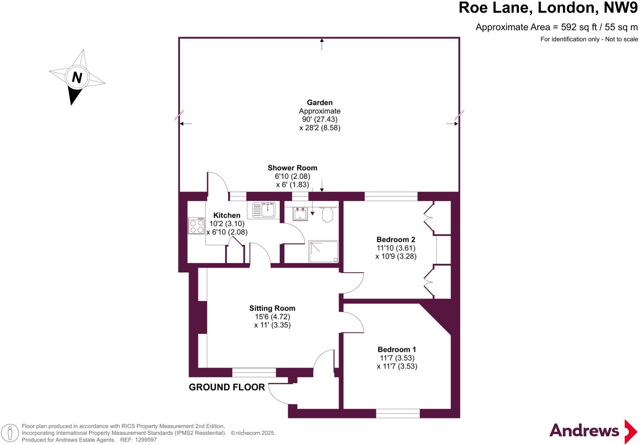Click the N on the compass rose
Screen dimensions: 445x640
click(x=77, y=77)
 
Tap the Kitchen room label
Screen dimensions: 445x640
click(x=227, y=215)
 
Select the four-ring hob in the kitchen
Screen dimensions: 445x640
click(x=196, y=226)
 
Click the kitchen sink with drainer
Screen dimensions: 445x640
click(x=263, y=210)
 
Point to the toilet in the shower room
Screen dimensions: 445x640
click(x=327, y=215)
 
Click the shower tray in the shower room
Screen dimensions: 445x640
click(x=323, y=251)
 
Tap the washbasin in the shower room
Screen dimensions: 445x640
click(x=300, y=214)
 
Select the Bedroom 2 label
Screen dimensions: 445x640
click(x=396, y=240)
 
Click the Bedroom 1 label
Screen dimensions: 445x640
click(x=397, y=349)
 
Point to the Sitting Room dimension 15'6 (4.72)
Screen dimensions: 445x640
click(x=272, y=317)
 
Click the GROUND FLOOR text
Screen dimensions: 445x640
click(x=227, y=387)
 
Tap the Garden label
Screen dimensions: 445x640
click(x=320, y=102)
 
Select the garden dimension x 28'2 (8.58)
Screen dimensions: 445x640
click(x=320, y=128)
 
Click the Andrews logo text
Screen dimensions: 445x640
click(x=584, y=431)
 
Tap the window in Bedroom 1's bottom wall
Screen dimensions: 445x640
click(x=397, y=413)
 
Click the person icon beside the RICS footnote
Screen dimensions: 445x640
click(x=10, y=433)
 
